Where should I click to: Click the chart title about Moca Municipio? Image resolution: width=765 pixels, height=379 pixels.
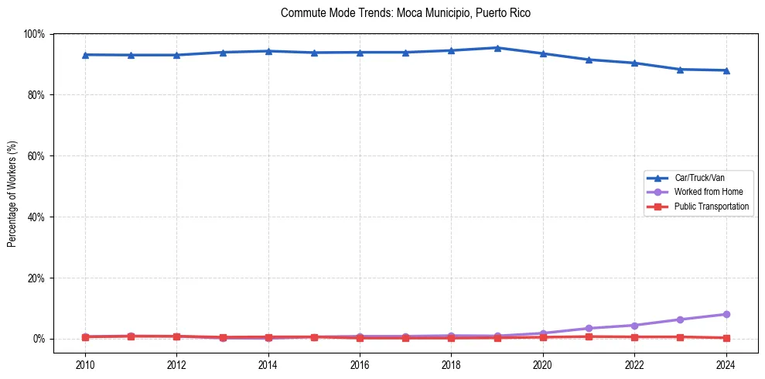coord(406,13)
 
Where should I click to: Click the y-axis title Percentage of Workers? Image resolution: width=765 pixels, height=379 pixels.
coord(12,194)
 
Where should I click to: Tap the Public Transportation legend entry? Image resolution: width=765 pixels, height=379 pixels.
coord(711,207)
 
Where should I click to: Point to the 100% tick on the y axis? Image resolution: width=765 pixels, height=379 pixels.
coord(34,34)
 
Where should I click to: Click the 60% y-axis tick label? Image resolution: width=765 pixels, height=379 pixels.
coord(36,156)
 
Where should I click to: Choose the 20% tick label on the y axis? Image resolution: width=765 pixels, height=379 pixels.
coord(36,278)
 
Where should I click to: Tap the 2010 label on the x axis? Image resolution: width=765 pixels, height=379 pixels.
coord(85,364)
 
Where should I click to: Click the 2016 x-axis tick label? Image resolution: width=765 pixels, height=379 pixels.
coord(360,364)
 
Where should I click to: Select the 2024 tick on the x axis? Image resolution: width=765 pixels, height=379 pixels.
coord(726,364)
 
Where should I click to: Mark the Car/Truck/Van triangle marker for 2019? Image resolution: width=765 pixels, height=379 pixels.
coord(497,48)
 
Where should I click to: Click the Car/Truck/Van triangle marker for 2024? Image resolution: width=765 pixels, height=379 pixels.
coord(726,70)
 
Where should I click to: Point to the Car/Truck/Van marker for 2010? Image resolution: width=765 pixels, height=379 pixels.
coord(85,55)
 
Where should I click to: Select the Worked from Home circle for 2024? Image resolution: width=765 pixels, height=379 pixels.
coord(726,314)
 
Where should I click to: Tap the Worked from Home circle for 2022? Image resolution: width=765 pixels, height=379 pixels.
coord(634,325)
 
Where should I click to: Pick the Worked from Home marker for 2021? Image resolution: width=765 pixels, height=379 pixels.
coord(589,329)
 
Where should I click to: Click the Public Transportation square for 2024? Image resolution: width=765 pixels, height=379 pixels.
coord(726,338)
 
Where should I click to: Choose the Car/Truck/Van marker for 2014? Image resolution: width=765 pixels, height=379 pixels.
coord(268,51)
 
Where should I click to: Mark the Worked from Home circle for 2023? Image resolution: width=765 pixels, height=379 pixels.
coord(680,319)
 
